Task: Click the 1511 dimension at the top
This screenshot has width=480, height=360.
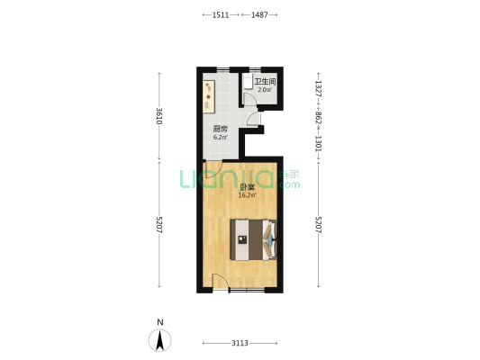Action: tap(221, 14)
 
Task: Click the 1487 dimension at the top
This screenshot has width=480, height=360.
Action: tap(259, 14)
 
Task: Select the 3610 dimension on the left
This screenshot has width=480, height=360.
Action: tap(159, 116)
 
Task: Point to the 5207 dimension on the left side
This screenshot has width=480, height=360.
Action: tap(159, 224)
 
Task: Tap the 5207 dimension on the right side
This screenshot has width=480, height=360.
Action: tap(319, 224)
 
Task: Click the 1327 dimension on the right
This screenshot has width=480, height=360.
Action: tap(319, 89)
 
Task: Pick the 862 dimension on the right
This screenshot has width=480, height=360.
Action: tap(319, 118)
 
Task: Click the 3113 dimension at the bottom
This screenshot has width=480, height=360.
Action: tap(240, 343)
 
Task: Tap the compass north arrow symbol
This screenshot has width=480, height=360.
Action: tap(159, 340)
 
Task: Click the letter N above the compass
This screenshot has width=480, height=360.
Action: tap(159, 322)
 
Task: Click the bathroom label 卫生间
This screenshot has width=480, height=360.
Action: tap(265, 82)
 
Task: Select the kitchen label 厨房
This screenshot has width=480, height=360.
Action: tap(221, 129)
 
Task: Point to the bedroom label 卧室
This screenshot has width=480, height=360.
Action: tap(247, 187)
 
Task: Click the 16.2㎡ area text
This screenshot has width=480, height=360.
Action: tap(247, 195)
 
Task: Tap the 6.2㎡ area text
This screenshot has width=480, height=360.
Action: tap(221, 138)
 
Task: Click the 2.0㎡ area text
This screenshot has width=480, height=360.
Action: tap(265, 90)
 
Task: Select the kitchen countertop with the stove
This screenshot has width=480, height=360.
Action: tap(208, 96)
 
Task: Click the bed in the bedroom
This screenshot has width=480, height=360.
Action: tap(253, 239)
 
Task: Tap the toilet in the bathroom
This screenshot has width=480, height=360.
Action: tap(248, 81)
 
